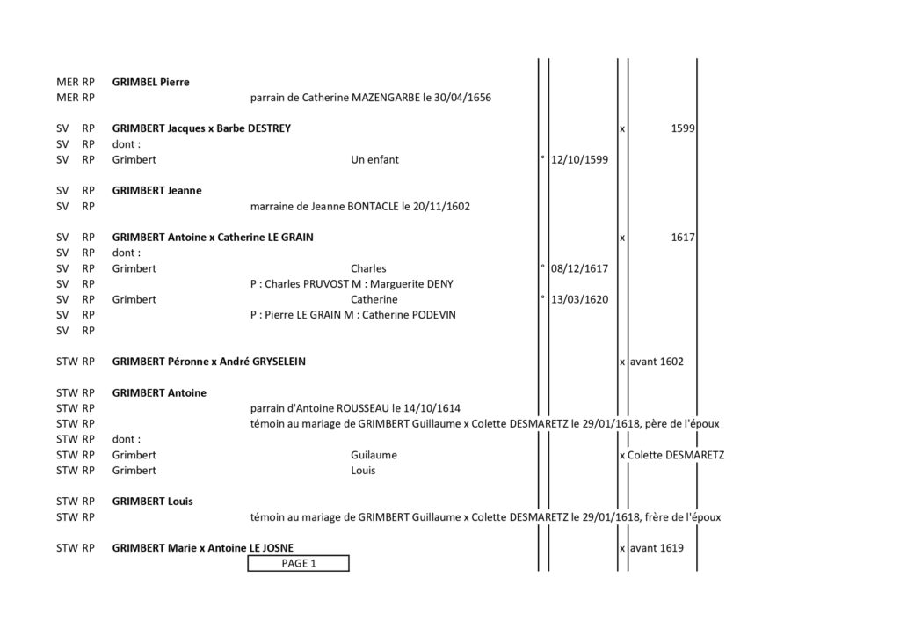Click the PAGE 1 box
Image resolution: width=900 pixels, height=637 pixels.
(x=298, y=563)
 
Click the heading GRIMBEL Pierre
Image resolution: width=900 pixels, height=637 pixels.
(x=150, y=82)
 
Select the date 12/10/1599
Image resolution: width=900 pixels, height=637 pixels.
(x=579, y=159)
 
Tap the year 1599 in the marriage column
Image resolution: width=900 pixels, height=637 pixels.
(x=682, y=128)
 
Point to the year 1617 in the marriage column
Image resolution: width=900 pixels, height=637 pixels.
(x=682, y=238)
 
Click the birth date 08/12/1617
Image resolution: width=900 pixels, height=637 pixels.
(x=579, y=268)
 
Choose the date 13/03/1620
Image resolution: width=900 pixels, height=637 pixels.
(x=579, y=299)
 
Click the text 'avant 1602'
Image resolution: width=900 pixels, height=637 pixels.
(x=657, y=362)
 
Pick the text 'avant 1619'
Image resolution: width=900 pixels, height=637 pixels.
(x=657, y=548)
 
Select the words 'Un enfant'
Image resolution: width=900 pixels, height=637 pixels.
(x=374, y=159)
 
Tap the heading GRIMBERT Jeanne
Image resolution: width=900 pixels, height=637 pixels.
(x=156, y=191)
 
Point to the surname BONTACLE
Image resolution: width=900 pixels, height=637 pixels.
(x=373, y=206)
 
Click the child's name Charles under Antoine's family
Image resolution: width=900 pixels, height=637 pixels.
(x=368, y=268)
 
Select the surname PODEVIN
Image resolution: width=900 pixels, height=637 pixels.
(x=432, y=315)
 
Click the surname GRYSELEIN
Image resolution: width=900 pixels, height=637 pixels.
(x=279, y=362)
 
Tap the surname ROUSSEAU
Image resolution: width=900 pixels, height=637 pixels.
(x=363, y=408)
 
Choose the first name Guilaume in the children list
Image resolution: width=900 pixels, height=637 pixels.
(x=374, y=455)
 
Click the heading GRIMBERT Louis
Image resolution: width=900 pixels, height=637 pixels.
(x=152, y=502)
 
